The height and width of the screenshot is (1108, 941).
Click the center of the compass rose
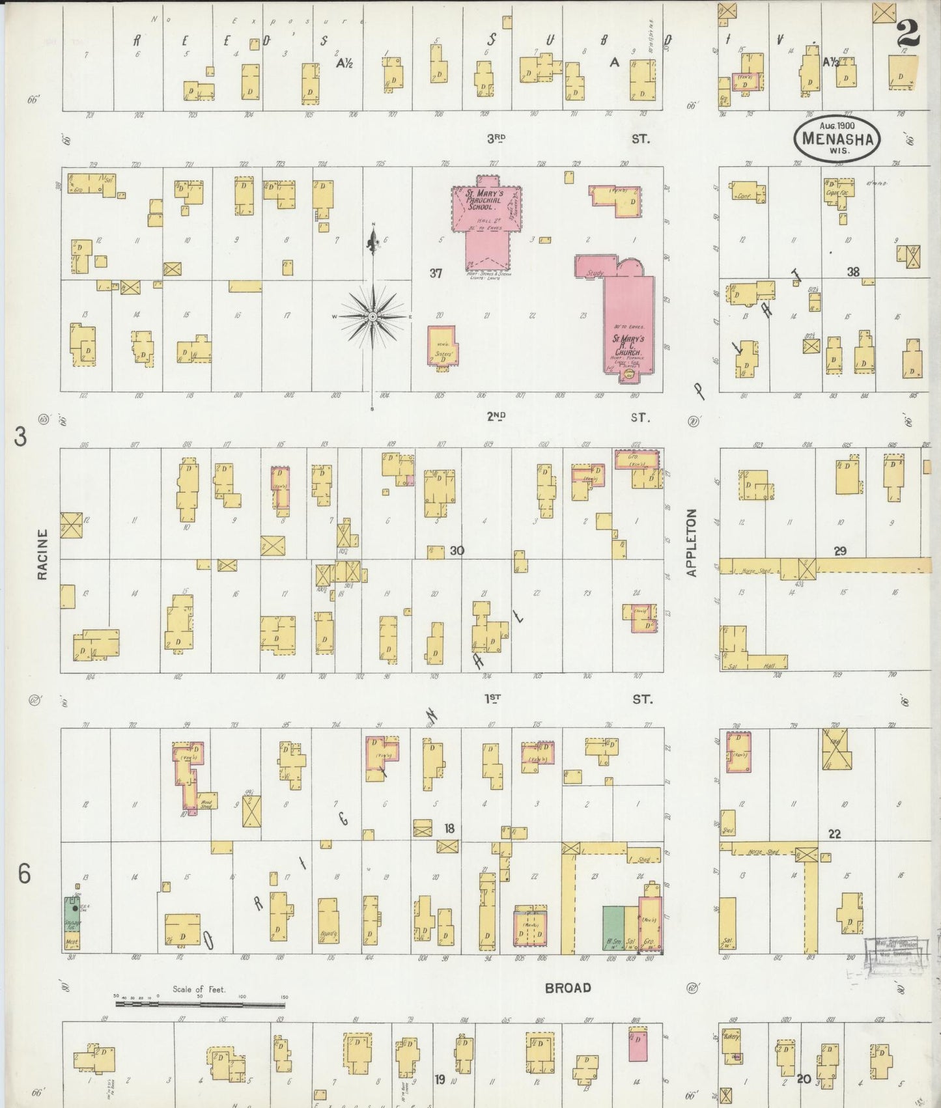[x=372, y=316]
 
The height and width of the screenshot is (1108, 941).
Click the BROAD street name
[x=568, y=988]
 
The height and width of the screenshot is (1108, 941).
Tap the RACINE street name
[x=42, y=554]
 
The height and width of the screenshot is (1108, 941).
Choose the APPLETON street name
[x=692, y=542]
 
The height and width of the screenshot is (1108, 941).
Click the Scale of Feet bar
[x=200, y=1004]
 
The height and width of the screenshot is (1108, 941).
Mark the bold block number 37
[x=436, y=273]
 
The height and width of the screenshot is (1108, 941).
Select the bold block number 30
[x=456, y=551]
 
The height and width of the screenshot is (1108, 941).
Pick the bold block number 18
[x=449, y=828]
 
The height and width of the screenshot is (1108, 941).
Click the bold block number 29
[x=840, y=551]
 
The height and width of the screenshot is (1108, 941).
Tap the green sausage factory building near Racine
[x=72, y=922]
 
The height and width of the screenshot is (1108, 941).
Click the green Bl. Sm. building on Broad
[x=613, y=926]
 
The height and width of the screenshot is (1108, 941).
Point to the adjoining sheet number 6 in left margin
[x=24, y=874]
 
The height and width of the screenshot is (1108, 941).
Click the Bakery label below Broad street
[x=732, y=1037]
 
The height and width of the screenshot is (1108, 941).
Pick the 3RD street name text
[x=496, y=138]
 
